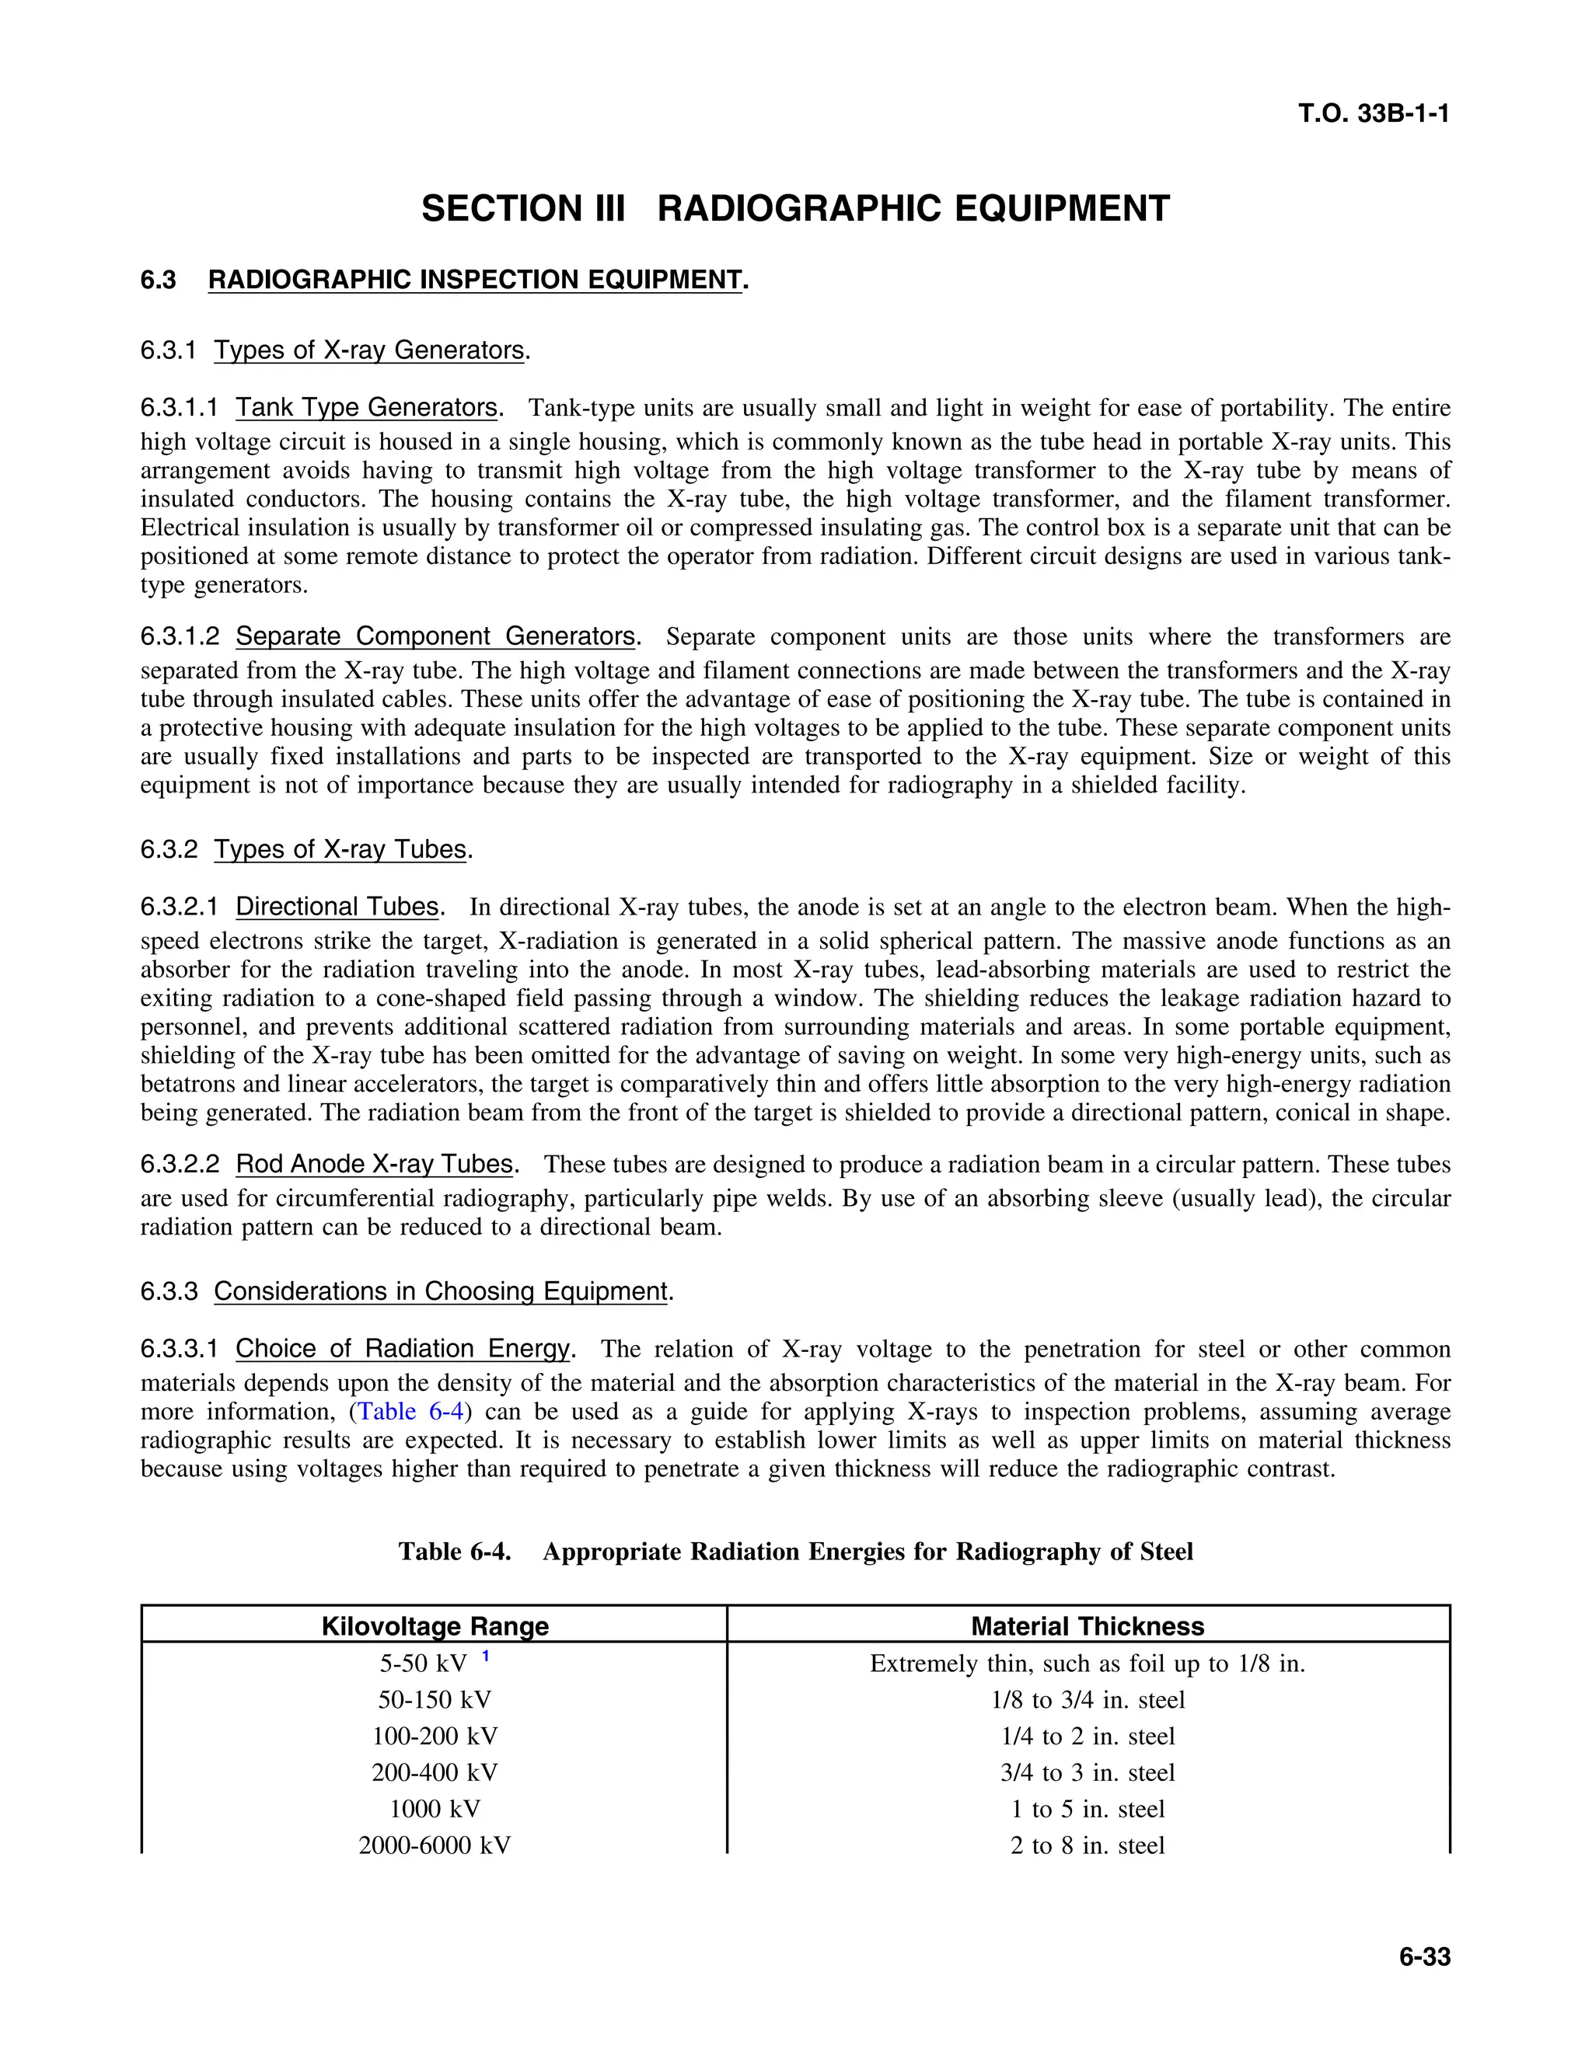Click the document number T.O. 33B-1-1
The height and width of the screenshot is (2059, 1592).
1374,114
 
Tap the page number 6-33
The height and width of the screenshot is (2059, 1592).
1424,1956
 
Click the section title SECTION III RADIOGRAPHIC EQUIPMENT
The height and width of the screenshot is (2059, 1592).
795,208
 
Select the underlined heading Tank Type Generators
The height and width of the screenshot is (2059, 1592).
367,407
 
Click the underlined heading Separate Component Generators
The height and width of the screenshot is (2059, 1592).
435,636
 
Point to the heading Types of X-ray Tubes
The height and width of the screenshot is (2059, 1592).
340,849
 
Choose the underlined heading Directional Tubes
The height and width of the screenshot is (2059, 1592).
337,907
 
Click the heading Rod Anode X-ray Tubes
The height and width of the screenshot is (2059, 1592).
375,1165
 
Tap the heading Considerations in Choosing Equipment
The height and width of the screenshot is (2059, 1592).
441,1291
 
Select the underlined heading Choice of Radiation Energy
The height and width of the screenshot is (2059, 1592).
403,1349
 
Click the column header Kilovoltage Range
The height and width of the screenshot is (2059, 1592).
435,1626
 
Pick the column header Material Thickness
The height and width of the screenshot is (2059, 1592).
1088,1626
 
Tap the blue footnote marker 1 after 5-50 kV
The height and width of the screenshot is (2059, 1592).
485,1657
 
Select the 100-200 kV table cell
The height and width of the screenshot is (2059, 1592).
435,1737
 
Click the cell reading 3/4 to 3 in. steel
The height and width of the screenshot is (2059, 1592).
1088,1773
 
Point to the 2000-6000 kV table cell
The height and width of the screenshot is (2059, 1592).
435,1846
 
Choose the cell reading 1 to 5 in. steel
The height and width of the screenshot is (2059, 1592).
1088,1809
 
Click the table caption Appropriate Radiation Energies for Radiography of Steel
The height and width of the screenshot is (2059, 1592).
868,1552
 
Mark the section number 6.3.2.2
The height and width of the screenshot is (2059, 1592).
180,1165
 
